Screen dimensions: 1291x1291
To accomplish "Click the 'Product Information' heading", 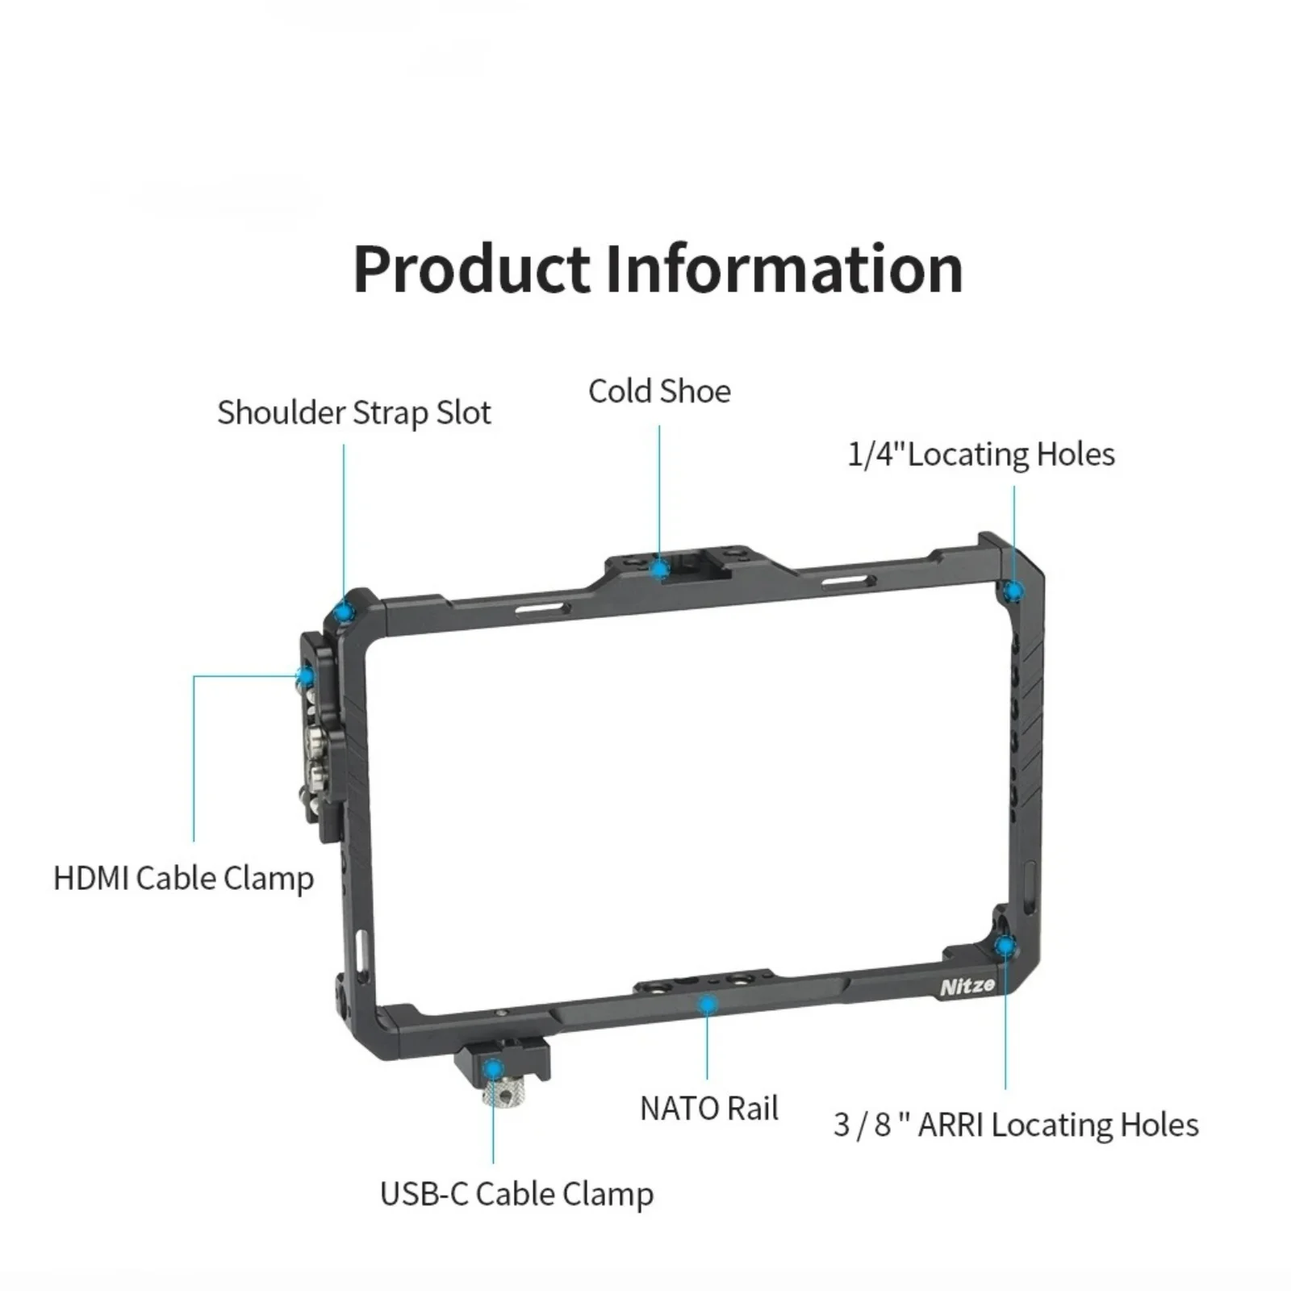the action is coord(658,269).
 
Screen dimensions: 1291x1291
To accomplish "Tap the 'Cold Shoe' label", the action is coord(659,392).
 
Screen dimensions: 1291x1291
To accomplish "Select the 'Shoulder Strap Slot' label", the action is coord(353,413).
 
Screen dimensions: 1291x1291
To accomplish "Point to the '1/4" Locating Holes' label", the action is coord(980,454).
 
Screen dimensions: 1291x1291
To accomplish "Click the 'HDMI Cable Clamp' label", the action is coord(183,878).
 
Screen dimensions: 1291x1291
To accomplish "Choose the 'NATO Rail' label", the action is coord(708,1109).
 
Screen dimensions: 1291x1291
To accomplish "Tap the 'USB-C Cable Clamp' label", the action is coord(516,1194).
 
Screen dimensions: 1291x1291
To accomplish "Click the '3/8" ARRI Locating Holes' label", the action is coord(1015,1125).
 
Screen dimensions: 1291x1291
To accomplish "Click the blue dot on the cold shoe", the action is coord(660,569).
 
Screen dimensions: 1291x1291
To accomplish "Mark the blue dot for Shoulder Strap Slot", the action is coord(345,612).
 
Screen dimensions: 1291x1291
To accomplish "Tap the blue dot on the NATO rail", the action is coord(708,1005).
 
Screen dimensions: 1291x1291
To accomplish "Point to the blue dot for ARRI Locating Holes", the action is coord(1005,946).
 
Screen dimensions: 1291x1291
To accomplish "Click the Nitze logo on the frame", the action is coord(967,987).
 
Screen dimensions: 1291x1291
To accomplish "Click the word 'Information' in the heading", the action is coord(783,269).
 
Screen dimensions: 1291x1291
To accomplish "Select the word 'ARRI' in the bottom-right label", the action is coord(950,1125).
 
